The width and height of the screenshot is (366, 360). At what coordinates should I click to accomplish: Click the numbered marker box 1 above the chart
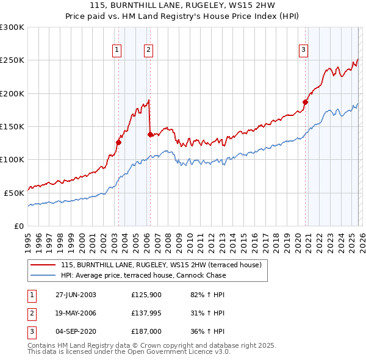pos(117,51)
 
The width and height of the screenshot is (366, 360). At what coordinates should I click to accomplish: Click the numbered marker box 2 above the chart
pos(148,51)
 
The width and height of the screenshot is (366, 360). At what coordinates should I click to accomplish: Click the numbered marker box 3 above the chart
pos(303,51)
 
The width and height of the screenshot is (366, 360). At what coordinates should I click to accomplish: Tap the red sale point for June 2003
pos(119,143)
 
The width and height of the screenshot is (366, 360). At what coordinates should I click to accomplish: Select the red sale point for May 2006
pos(150,135)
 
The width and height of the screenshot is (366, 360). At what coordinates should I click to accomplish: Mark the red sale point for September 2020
pos(305,103)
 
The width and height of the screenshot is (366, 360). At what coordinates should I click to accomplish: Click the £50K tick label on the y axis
pos(14,192)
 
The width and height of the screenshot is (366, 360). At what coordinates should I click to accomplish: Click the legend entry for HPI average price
pos(143,275)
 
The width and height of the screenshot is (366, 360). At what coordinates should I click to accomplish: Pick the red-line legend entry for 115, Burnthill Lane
pos(161,265)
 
